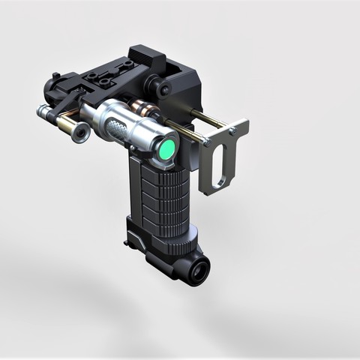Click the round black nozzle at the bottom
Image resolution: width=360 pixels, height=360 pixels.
pos(199,273)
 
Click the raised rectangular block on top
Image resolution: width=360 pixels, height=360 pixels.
pos(145,57)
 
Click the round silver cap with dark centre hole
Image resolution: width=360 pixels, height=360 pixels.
pos(79,133)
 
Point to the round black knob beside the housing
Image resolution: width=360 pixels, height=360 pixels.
pos(163,88)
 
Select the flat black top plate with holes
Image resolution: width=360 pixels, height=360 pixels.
pos(105,75)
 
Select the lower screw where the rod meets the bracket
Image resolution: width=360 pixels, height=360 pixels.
pos(205,140)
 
